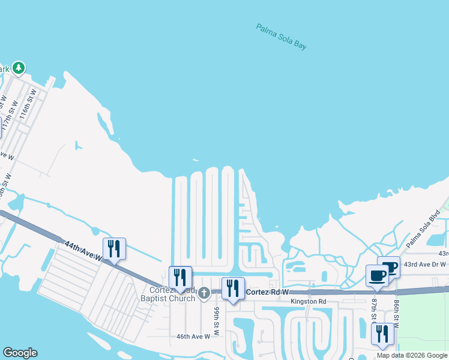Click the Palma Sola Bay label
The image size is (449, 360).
(281, 37)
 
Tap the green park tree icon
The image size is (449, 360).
(19, 68)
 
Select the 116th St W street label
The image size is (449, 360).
(28, 106)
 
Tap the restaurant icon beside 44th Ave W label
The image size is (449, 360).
(114, 248)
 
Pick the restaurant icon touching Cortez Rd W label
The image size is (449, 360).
(233, 289)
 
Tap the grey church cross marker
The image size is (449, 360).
(203, 293)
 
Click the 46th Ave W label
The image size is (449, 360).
(194, 337)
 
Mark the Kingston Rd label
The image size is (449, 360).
(308, 301)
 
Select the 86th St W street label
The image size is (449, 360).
(396, 311)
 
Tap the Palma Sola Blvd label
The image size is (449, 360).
(423, 230)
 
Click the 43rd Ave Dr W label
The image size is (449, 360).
(425, 265)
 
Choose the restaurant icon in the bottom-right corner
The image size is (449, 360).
(382, 334)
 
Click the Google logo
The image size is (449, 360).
(20, 353)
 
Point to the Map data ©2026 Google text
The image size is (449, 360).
(411, 355)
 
